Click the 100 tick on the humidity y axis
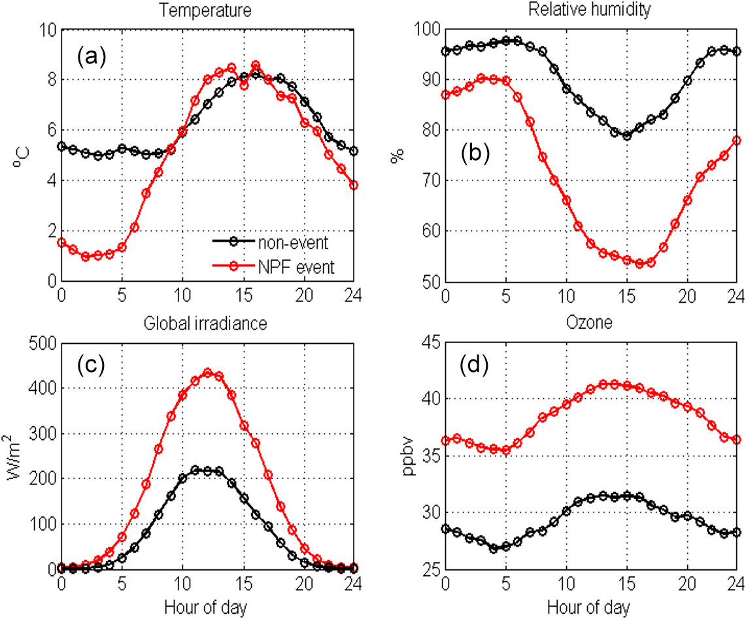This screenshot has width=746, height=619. (x=426, y=30)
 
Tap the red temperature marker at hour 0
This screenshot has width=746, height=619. (x=61, y=243)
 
